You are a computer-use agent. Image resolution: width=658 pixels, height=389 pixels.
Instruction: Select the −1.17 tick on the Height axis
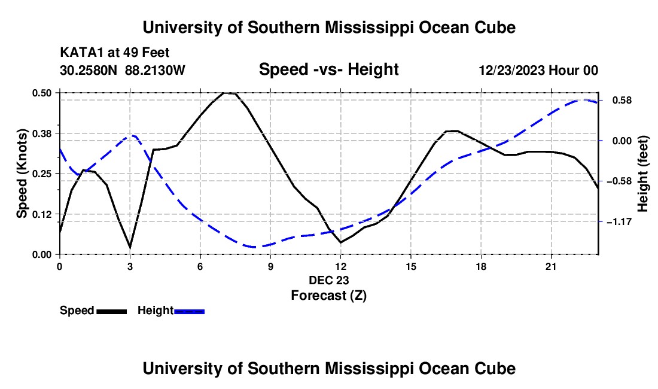(x=619, y=221)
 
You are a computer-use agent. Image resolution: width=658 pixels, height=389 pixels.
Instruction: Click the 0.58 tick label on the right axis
(x=622, y=101)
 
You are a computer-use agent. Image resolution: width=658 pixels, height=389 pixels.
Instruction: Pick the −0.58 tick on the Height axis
(x=619, y=181)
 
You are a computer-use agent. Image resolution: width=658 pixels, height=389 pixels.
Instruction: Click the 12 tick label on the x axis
(x=341, y=266)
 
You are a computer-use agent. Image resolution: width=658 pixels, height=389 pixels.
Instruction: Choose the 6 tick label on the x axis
(x=200, y=266)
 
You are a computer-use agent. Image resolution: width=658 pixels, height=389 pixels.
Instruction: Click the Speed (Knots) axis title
(x=22, y=174)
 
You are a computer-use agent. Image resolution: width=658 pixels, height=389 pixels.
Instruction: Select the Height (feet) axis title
(x=642, y=174)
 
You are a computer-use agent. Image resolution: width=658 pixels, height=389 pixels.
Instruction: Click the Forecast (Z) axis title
(x=328, y=295)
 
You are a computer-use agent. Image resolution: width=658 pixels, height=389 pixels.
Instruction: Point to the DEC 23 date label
(x=328, y=280)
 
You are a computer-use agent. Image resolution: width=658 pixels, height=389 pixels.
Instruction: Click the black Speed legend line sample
(x=112, y=311)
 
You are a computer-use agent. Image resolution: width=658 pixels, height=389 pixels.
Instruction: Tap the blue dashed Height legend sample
(x=189, y=311)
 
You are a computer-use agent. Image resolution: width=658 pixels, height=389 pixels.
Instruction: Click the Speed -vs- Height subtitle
(x=328, y=69)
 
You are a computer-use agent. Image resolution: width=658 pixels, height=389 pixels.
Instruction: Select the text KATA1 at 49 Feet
(x=115, y=53)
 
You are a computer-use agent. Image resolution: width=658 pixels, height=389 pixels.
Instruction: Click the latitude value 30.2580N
(x=89, y=70)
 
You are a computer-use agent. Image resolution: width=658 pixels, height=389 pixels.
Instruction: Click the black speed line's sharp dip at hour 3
(x=130, y=247)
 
